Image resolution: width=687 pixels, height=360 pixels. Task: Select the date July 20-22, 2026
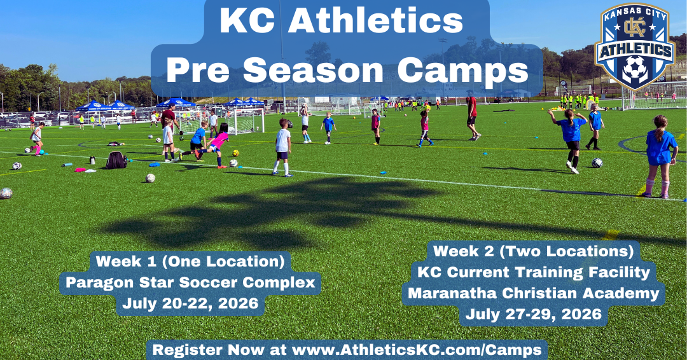pos(190,303)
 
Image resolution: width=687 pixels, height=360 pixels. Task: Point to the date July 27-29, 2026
pos(533,314)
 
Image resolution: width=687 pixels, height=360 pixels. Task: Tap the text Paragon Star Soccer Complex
pos(190,282)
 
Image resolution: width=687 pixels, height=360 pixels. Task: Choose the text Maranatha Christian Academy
pos(533,293)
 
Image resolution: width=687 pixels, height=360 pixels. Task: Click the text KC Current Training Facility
pos(533,272)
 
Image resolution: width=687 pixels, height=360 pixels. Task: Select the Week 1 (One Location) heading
pos(190,261)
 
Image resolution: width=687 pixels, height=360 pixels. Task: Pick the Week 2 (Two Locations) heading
pos(533,251)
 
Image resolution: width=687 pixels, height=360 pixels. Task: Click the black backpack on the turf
pos(116,160)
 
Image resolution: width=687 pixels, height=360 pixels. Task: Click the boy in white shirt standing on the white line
pos(282,147)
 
